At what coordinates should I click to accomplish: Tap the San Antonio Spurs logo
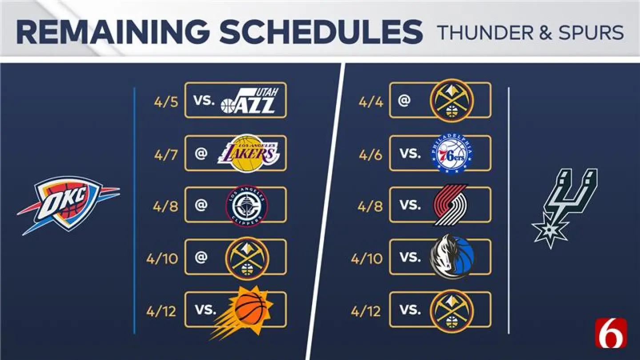(564, 207)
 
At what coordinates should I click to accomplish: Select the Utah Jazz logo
(250, 101)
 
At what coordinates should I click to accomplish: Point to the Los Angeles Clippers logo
(247, 206)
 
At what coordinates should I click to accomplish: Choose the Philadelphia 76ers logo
(452, 153)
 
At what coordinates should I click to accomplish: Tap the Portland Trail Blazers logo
(450, 205)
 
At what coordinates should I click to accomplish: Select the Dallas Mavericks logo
(452, 257)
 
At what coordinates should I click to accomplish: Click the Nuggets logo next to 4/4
(452, 101)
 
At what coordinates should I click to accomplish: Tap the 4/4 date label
(370, 101)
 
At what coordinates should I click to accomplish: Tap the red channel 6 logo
(611, 333)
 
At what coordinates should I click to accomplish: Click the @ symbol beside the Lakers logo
(201, 154)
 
